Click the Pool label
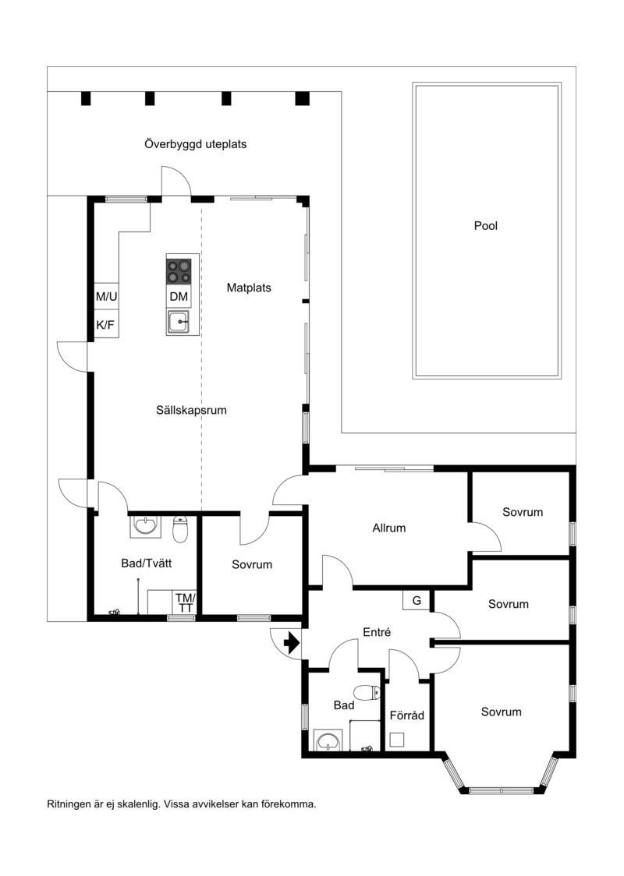click(485, 226)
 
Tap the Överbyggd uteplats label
click(195, 144)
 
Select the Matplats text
click(249, 288)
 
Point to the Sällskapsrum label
click(191, 410)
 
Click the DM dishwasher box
click(179, 297)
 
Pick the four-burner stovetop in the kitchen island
click(179, 271)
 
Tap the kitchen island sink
click(179, 323)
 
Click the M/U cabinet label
click(106, 297)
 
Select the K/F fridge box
click(106, 325)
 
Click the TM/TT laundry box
click(185, 602)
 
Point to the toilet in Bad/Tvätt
click(180, 529)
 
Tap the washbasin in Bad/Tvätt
click(145, 526)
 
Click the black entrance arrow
click(292, 643)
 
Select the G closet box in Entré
click(417, 601)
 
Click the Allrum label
click(389, 528)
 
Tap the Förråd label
click(407, 715)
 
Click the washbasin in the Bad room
click(328, 741)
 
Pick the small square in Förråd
click(397, 740)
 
